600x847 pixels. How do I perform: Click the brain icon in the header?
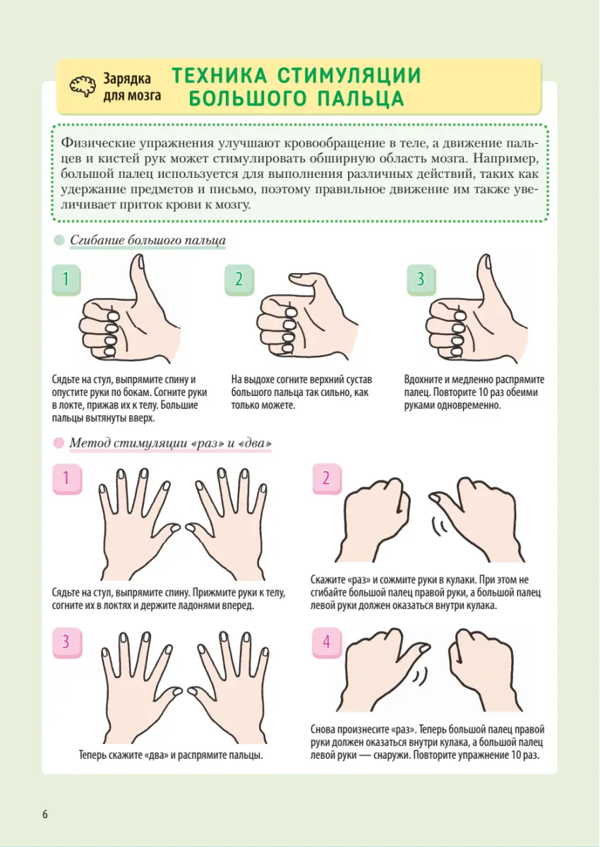tap(83, 86)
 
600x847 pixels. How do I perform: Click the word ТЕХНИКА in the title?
tap(220, 76)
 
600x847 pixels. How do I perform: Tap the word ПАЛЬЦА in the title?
tap(361, 99)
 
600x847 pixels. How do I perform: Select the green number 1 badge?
tap(66, 280)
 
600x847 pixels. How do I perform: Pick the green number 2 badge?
tap(239, 280)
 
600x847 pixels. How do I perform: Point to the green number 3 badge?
tap(421, 280)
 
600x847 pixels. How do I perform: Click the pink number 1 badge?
tap(67, 479)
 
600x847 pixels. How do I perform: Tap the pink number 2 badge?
tap(327, 479)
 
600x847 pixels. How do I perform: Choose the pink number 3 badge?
tap(67, 642)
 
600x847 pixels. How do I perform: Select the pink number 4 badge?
tap(327, 642)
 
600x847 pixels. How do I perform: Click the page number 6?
tap(45, 814)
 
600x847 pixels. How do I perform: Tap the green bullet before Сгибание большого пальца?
tap(59, 240)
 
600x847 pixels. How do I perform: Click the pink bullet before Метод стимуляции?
tap(59, 443)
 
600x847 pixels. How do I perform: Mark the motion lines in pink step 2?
tap(438, 526)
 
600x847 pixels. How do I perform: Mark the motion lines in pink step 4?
tap(421, 676)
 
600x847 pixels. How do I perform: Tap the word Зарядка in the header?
tap(127, 78)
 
